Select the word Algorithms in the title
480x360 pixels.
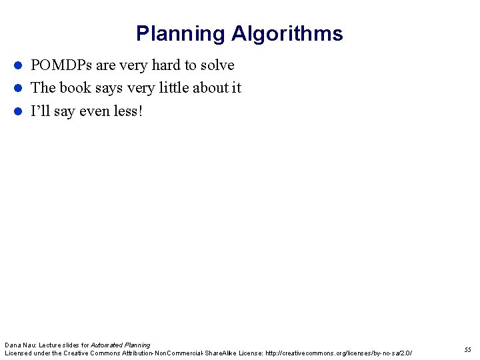[x=287, y=34]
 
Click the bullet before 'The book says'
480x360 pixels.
[x=19, y=88]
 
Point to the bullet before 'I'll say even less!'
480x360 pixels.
[x=19, y=111]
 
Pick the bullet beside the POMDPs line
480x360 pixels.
[x=19, y=65]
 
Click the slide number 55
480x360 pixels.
[x=467, y=350]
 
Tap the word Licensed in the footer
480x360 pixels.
[x=18, y=353]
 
